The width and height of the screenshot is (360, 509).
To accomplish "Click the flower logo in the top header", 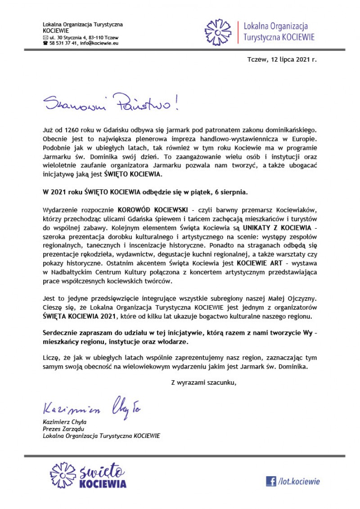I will tap(218, 32).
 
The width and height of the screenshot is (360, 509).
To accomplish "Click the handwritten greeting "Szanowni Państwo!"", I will tap(111, 103).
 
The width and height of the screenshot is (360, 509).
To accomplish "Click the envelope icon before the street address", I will tap(45, 37).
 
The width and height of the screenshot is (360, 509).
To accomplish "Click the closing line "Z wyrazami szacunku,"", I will tap(203, 383).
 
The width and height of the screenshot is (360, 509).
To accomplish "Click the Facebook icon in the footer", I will tap(271, 481).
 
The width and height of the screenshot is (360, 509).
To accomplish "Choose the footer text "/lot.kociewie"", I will tap(299, 482).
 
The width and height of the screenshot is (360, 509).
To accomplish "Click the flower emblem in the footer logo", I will tap(63, 475).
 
